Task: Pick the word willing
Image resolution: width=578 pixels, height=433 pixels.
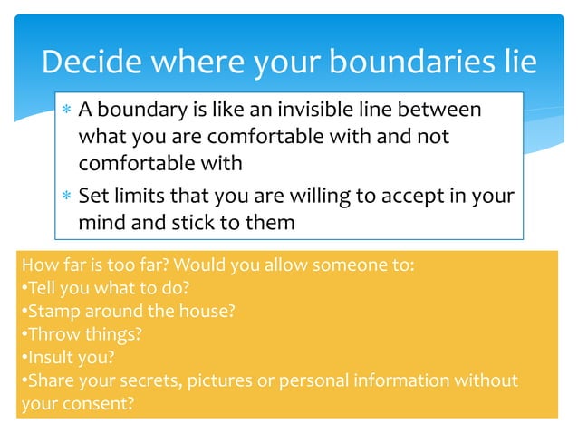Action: (x=316, y=196)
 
